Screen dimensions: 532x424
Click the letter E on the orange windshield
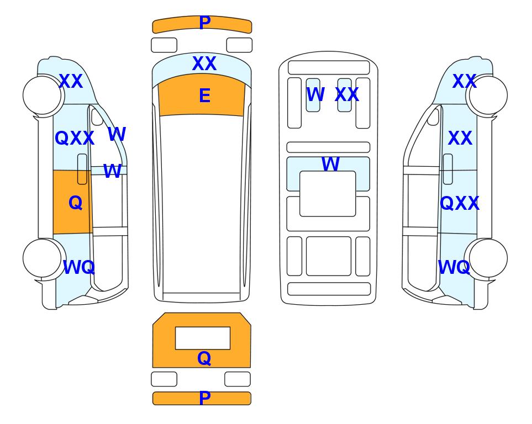(x=204, y=96)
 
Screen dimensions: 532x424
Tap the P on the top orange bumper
(x=204, y=23)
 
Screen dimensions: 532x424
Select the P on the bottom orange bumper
(x=204, y=397)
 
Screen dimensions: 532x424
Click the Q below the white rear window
(x=204, y=358)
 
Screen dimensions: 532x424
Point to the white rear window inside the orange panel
(x=203, y=338)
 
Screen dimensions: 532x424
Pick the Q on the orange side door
(x=75, y=203)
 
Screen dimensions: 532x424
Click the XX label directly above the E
(x=204, y=63)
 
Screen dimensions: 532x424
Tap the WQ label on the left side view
(x=78, y=267)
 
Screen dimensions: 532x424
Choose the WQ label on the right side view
(x=454, y=267)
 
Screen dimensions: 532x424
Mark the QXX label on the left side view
(x=75, y=138)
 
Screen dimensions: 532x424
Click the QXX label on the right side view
(x=460, y=203)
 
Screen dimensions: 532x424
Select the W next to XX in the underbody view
(x=315, y=94)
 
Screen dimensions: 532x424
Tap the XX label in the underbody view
(x=347, y=94)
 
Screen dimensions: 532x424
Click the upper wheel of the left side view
(x=42, y=96)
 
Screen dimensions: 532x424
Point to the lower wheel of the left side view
(x=42, y=258)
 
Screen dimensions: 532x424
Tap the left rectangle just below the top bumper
(x=164, y=45)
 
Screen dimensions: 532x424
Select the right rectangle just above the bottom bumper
(x=238, y=379)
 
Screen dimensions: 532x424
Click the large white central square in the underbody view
(x=328, y=194)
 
